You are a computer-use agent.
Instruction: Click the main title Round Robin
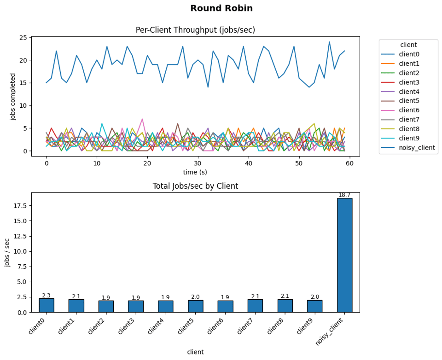coord(221,8)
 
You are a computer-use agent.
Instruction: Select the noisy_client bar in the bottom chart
coord(344,255)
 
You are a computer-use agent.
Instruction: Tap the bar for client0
coord(47,305)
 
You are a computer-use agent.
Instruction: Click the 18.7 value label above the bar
coord(344,195)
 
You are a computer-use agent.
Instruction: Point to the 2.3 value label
coord(47,296)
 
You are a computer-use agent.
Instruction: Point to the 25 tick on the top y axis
coord(23,37)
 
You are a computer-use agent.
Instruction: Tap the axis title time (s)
coord(195,172)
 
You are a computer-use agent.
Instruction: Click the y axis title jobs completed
coord(13,97)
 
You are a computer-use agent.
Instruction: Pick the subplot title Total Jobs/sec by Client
coord(195,186)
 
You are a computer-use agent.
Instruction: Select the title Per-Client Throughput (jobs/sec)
coord(195,30)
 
